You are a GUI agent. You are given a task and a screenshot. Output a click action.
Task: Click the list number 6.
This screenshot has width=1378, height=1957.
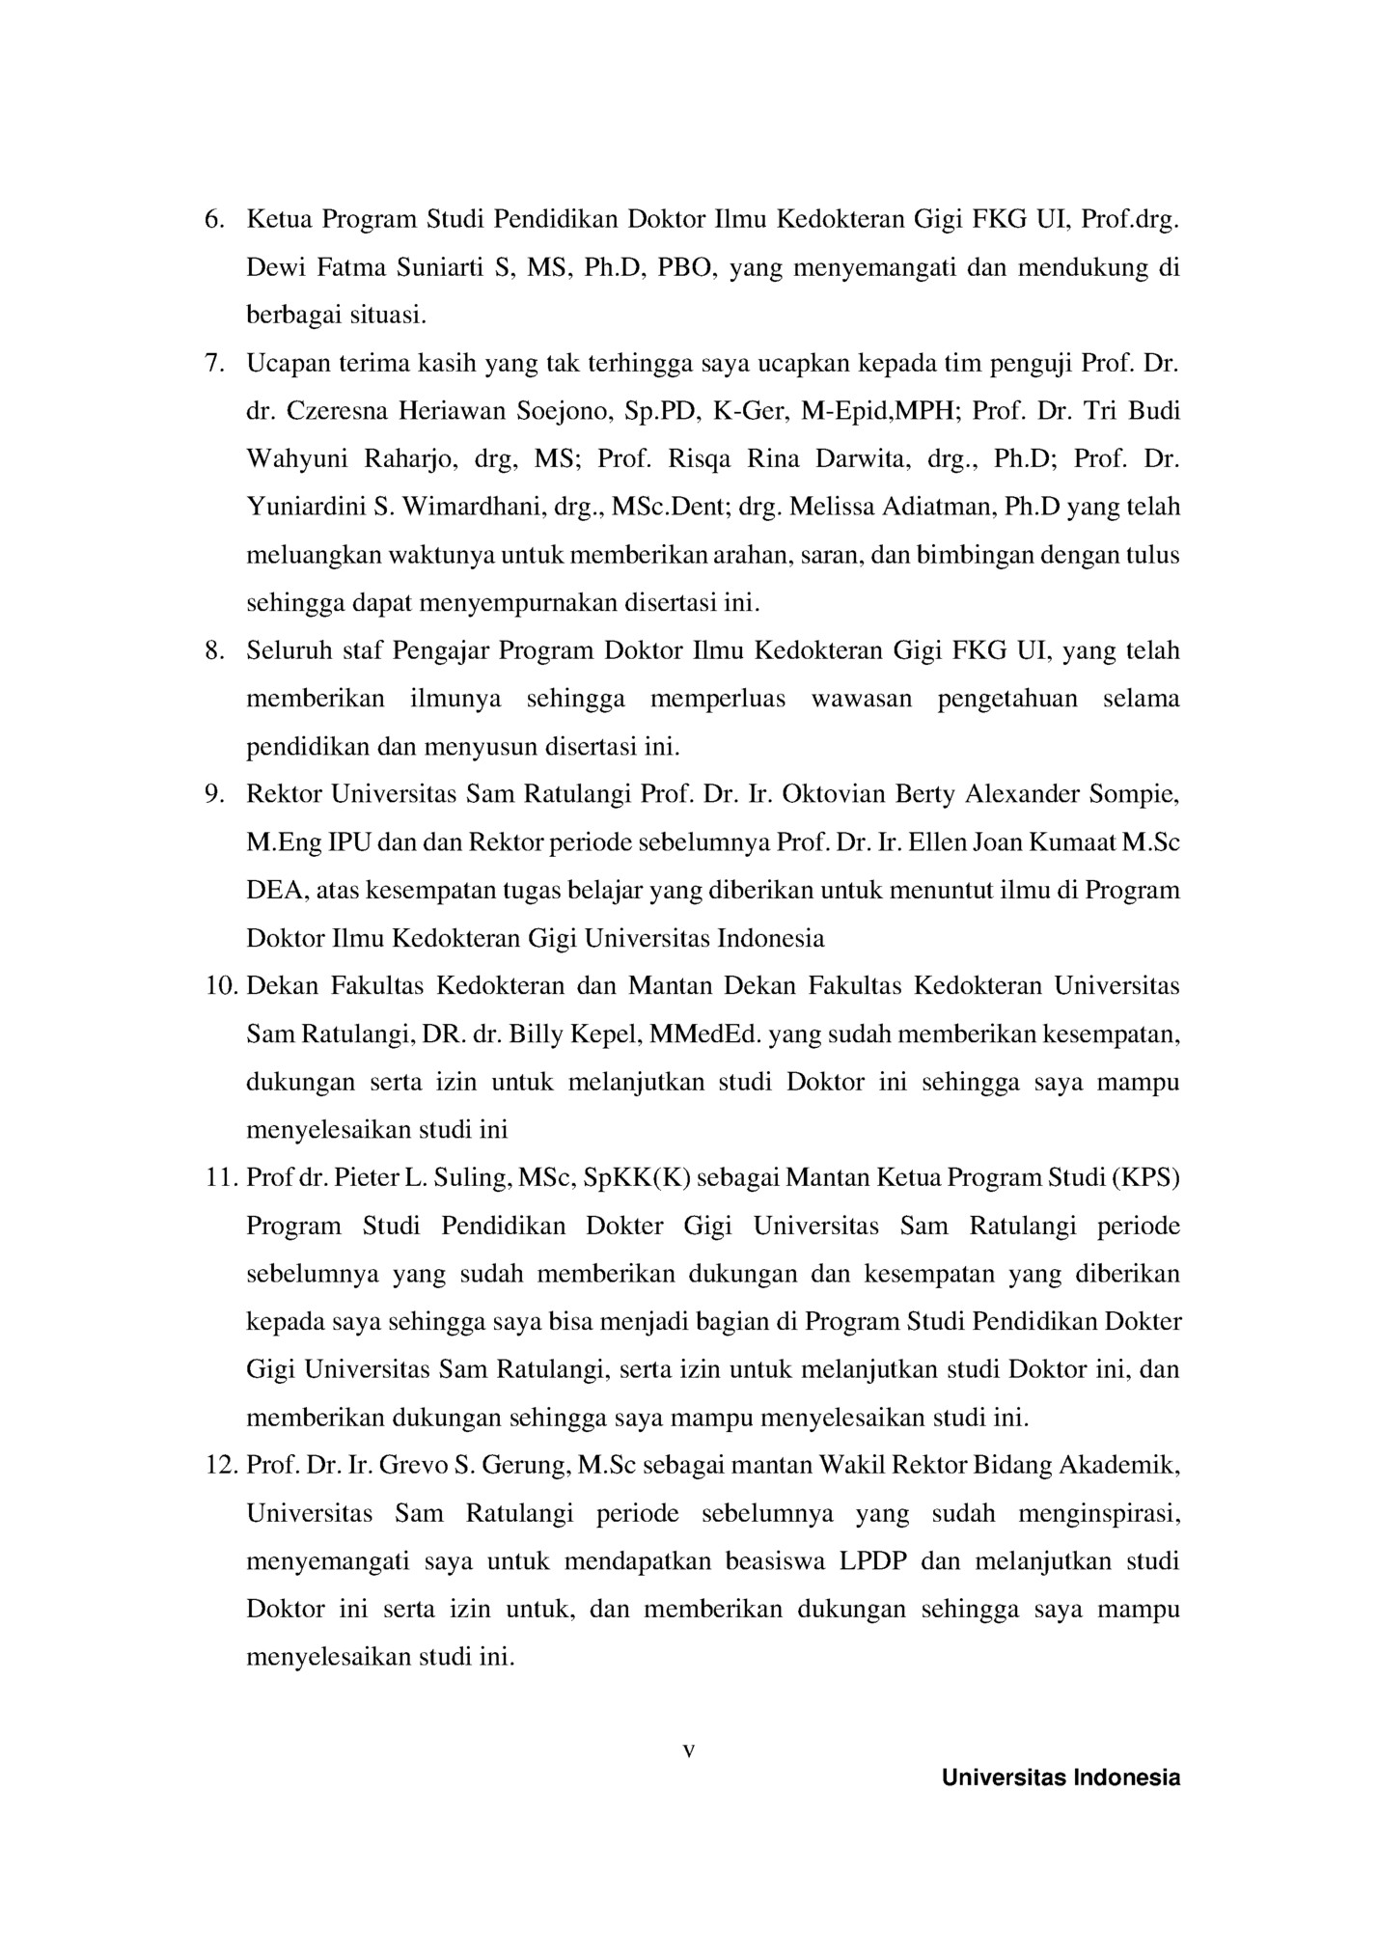point(213,220)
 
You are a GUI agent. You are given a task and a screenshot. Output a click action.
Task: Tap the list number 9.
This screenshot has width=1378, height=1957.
point(213,795)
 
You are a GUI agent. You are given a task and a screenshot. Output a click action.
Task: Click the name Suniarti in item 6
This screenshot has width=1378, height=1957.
point(441,268)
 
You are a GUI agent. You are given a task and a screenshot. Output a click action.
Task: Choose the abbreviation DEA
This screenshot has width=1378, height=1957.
point(275,891)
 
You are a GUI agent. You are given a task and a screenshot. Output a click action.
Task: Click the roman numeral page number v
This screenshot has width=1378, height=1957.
point(689,1751)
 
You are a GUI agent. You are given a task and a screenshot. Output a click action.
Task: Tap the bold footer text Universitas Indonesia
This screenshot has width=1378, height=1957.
point(1061,1778)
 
